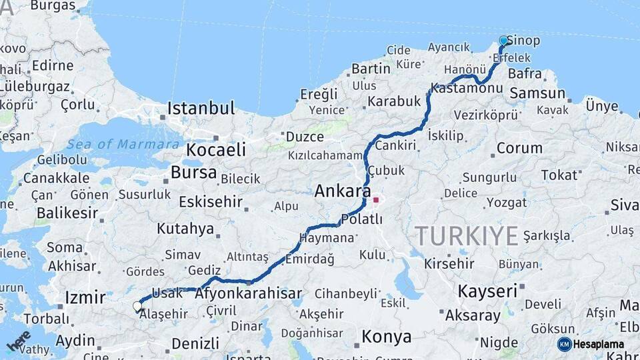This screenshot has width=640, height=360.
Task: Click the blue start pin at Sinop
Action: pyautogui.click(x=503, y=41)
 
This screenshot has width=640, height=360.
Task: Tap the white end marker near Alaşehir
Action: pyautogui.click(x=137, y=307)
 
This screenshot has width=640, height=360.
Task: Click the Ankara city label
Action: pyautogui.click(x=342, y=192)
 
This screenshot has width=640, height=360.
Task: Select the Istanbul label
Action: pyautogui.click(x=201, y=109)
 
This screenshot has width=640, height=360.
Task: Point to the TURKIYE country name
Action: pyautogui.click(x=466, y=236)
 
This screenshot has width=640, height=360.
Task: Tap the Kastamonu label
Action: pyautogui.click(x=465, y=88)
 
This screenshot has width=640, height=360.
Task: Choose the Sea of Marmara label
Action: pyautogui.click(x=124, y=144)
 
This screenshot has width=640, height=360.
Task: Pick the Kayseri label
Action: pyautogui.click(x=487, y=291)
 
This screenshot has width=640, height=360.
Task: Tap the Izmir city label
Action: pyautogui.click(x=85, y=297)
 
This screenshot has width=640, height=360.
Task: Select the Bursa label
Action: pyautogui.click(x=193, y=173)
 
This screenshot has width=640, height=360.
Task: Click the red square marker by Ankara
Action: pyautogui.click(x=376, y=199)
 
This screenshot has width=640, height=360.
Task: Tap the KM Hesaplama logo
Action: pyautogui.click(x=593, y=344)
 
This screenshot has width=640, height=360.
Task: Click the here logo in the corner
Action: pyautogui.click(x=18, y=341)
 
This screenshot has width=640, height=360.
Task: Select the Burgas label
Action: pyautogui.click(x=53, y=6)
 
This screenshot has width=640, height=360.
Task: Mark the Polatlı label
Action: pyautogui.click(x=361, y=219)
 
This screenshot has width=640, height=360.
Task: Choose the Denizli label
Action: pyautogui.click(x=195, y=344)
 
